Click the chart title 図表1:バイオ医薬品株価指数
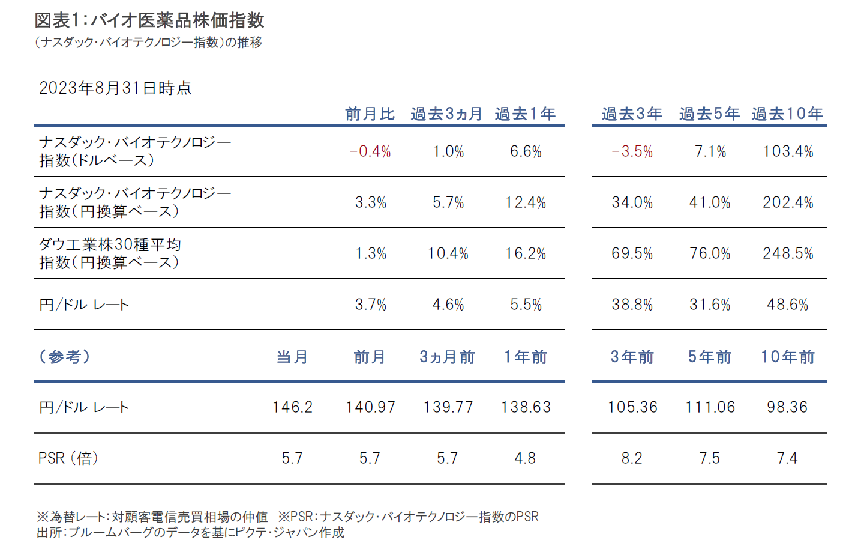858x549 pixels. pos(149,20)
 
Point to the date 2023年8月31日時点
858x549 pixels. pos(115,88)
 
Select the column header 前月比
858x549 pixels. pos(370,114)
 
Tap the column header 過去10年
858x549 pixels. pos(787,114)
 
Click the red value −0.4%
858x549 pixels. pos(370,151)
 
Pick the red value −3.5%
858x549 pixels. pos(632,151)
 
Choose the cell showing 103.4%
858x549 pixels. pos(788,151)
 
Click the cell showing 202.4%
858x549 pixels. pos(788,202)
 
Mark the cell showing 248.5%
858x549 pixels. pos(788,253)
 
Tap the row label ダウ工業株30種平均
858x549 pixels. pos(110,244)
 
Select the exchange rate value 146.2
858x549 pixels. pos(292,407)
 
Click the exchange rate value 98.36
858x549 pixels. pos(787,407)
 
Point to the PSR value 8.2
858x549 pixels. pos(632,458)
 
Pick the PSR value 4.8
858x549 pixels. pos(525,458)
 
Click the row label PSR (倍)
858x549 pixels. pos(68,458)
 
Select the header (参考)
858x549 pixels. pos(65,357)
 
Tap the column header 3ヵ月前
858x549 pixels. pos(447,357)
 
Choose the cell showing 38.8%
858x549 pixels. pos(632,305)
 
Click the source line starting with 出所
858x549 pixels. pos(190,533)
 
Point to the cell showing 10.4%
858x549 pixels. pos(448,253)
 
